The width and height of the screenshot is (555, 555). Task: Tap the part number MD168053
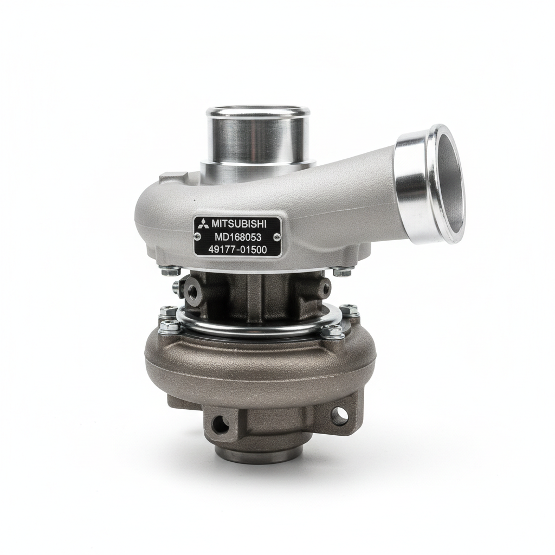click(238, 236)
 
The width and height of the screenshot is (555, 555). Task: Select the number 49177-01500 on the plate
click(237, 249)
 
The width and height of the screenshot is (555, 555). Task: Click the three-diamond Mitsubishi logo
click(203, 223)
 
